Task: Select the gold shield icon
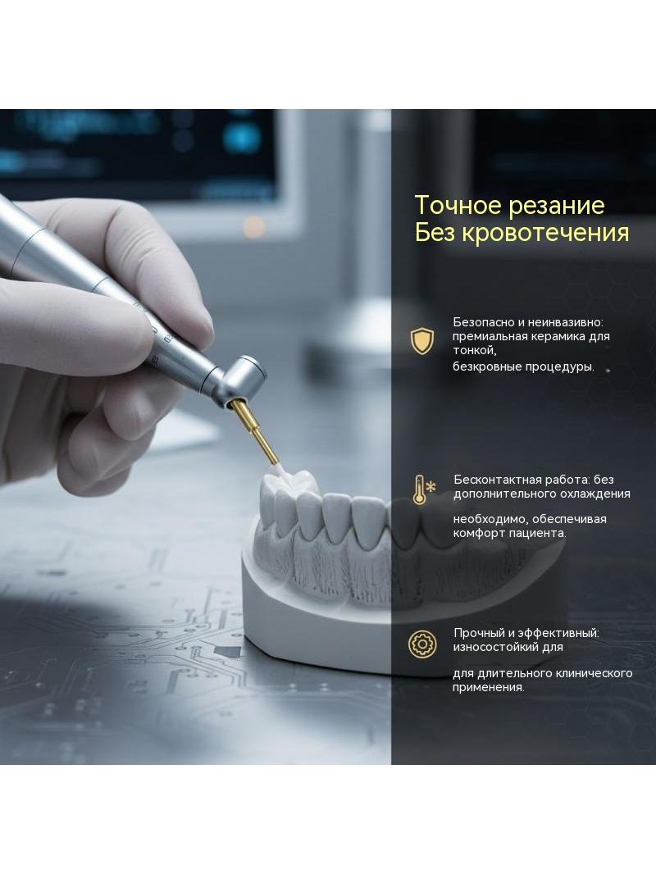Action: (x=422, y=341)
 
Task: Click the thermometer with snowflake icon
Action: (x=423, y=490)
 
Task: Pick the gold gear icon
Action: (x=422, y=644)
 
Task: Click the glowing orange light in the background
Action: (x=254, y=225)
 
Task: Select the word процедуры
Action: (x=562, y=366)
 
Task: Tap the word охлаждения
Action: (x=594, y=494)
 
